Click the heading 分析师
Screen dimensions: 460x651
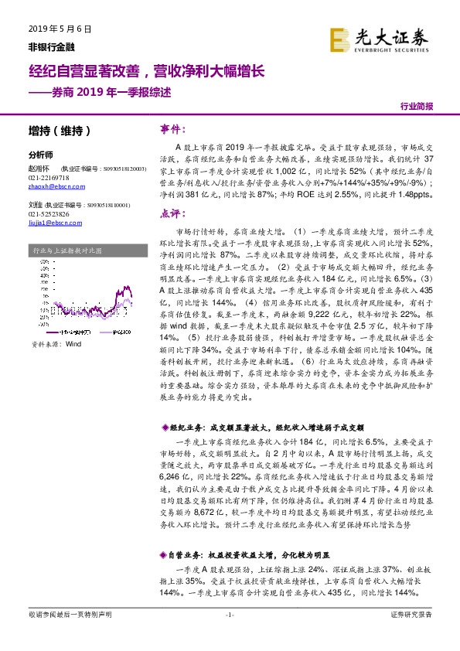click(39, 154)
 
